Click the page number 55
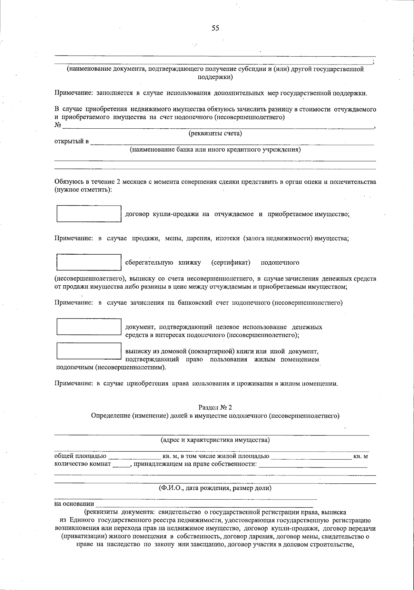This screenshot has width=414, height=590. click(215, 28)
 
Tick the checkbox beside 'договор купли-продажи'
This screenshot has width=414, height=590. click(89, 214)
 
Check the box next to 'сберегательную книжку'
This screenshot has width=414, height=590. click(89, 263)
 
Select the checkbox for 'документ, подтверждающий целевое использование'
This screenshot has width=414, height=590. click(89, 327)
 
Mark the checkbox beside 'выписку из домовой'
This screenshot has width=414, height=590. click(89, 351)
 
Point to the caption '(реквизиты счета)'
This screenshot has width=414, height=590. click(215, 134)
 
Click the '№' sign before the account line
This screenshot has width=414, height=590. click(58, 125)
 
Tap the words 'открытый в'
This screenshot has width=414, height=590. click(71, 141)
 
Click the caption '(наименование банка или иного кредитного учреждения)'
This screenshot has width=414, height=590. click(215, 150)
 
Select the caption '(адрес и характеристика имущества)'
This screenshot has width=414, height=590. click(215, 440)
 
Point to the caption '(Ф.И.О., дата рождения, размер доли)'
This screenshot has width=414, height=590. click(215, 488)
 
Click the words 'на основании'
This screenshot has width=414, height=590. click(74, 504)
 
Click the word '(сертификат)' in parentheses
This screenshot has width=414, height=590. click(230, 263)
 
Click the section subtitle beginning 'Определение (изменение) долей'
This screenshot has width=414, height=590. click(215, 416)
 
